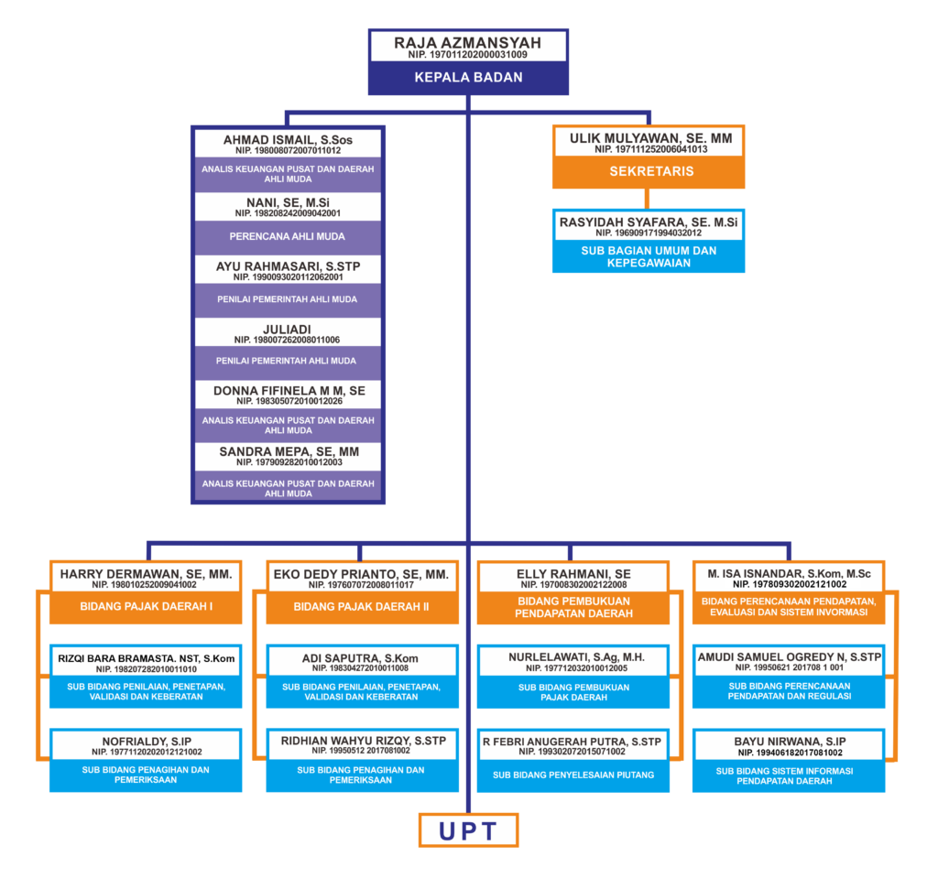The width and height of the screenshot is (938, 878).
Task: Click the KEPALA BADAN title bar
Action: (x=468, y=77)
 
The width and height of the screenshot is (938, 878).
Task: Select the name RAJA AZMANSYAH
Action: (x=468, y=43)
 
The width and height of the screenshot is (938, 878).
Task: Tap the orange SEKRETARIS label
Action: (x=651, y=171)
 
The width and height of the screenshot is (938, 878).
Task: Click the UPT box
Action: (x=468, y=830)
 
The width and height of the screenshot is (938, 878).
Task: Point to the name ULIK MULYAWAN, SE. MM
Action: (x=651, y=139)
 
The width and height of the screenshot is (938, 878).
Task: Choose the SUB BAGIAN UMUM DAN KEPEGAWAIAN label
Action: (x=649, y=256)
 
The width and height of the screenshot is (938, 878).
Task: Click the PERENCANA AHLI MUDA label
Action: (x=287, y=236)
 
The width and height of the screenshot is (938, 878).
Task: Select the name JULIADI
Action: (x=287, y=330)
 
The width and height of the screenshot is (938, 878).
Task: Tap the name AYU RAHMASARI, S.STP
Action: (x=288, y=266)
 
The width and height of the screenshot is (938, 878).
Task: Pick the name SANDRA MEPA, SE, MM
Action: (x=289, y=451)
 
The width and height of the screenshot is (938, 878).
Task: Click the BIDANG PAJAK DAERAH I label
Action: (x=146, y=606)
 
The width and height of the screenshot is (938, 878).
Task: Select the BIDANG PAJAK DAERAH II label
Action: (x=361, y=606)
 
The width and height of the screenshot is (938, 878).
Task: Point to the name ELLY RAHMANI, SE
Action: (x=573, y=574)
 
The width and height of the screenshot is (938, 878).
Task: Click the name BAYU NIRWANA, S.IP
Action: (x=790, y=742)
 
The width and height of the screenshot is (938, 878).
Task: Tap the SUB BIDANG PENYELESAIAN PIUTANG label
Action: (x=573, y=775)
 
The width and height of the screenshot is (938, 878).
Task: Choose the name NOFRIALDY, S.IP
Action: (x=147, y=742)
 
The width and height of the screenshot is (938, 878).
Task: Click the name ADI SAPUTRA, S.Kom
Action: (x=360, y=658)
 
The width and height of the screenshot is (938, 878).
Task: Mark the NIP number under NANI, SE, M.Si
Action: (x=288, y=213)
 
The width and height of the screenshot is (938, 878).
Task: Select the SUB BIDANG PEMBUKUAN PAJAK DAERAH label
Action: (x=573, y=692)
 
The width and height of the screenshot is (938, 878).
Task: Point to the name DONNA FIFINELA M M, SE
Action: (x=289, y=391)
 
